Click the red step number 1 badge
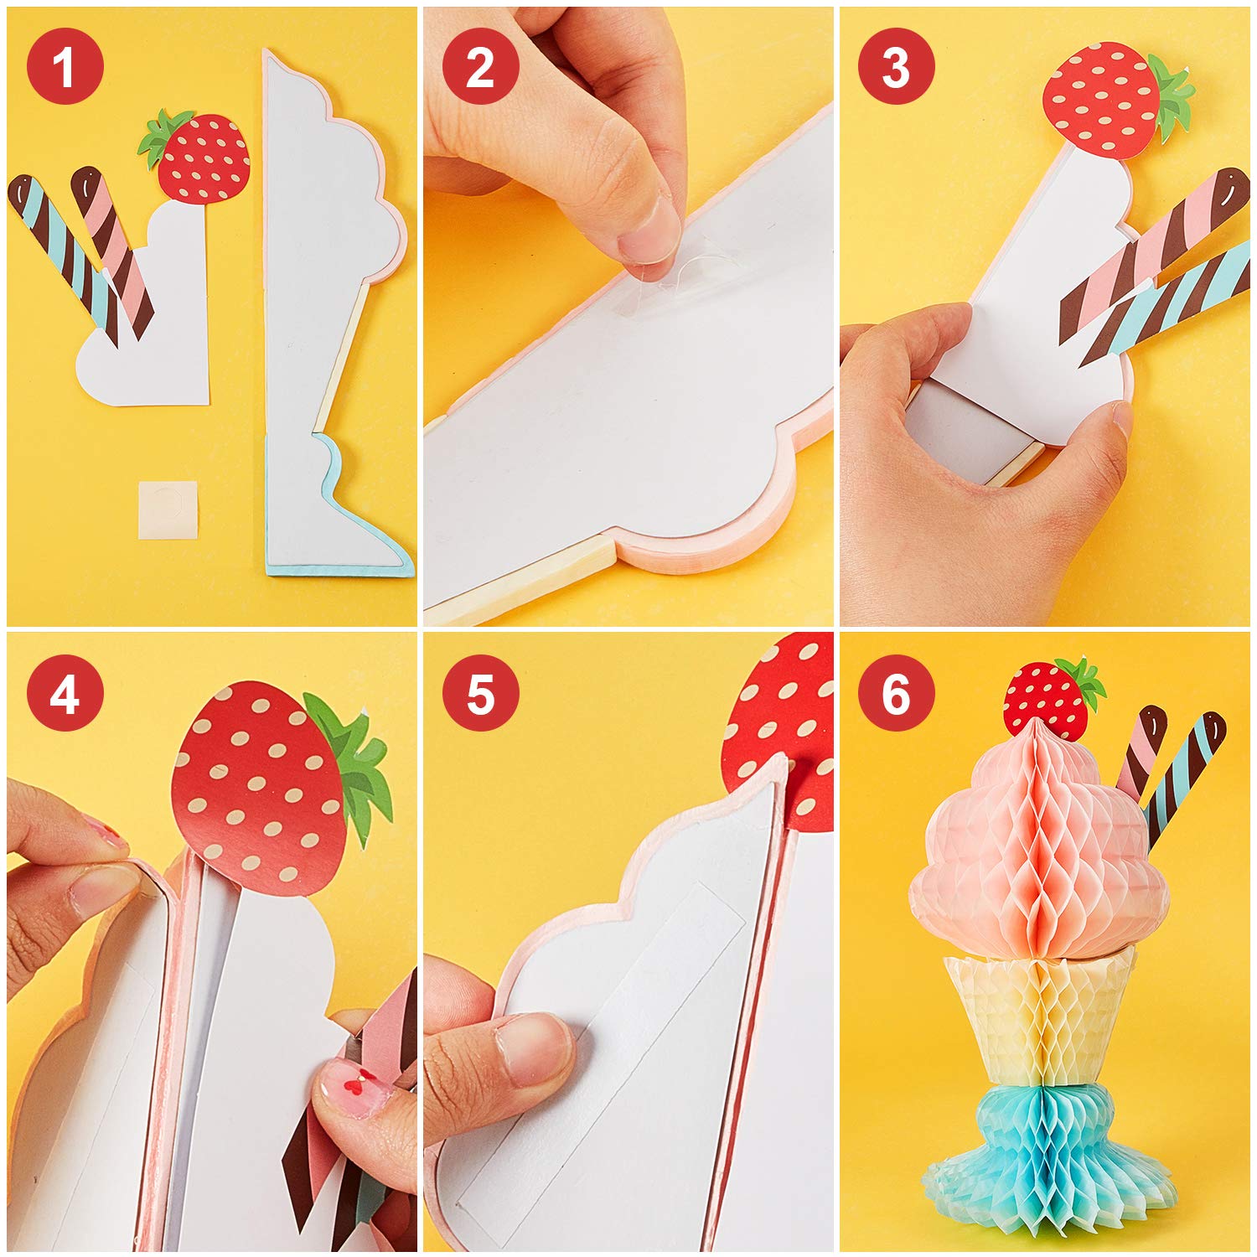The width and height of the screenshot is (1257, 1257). click(x=65, y=65)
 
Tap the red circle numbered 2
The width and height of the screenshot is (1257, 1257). click(x=480, y=65)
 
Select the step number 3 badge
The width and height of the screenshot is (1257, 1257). click(x=896, y=65)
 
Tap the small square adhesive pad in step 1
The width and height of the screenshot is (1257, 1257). click(x=168, y=510)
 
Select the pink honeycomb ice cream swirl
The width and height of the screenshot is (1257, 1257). click(x=1039, y=846)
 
